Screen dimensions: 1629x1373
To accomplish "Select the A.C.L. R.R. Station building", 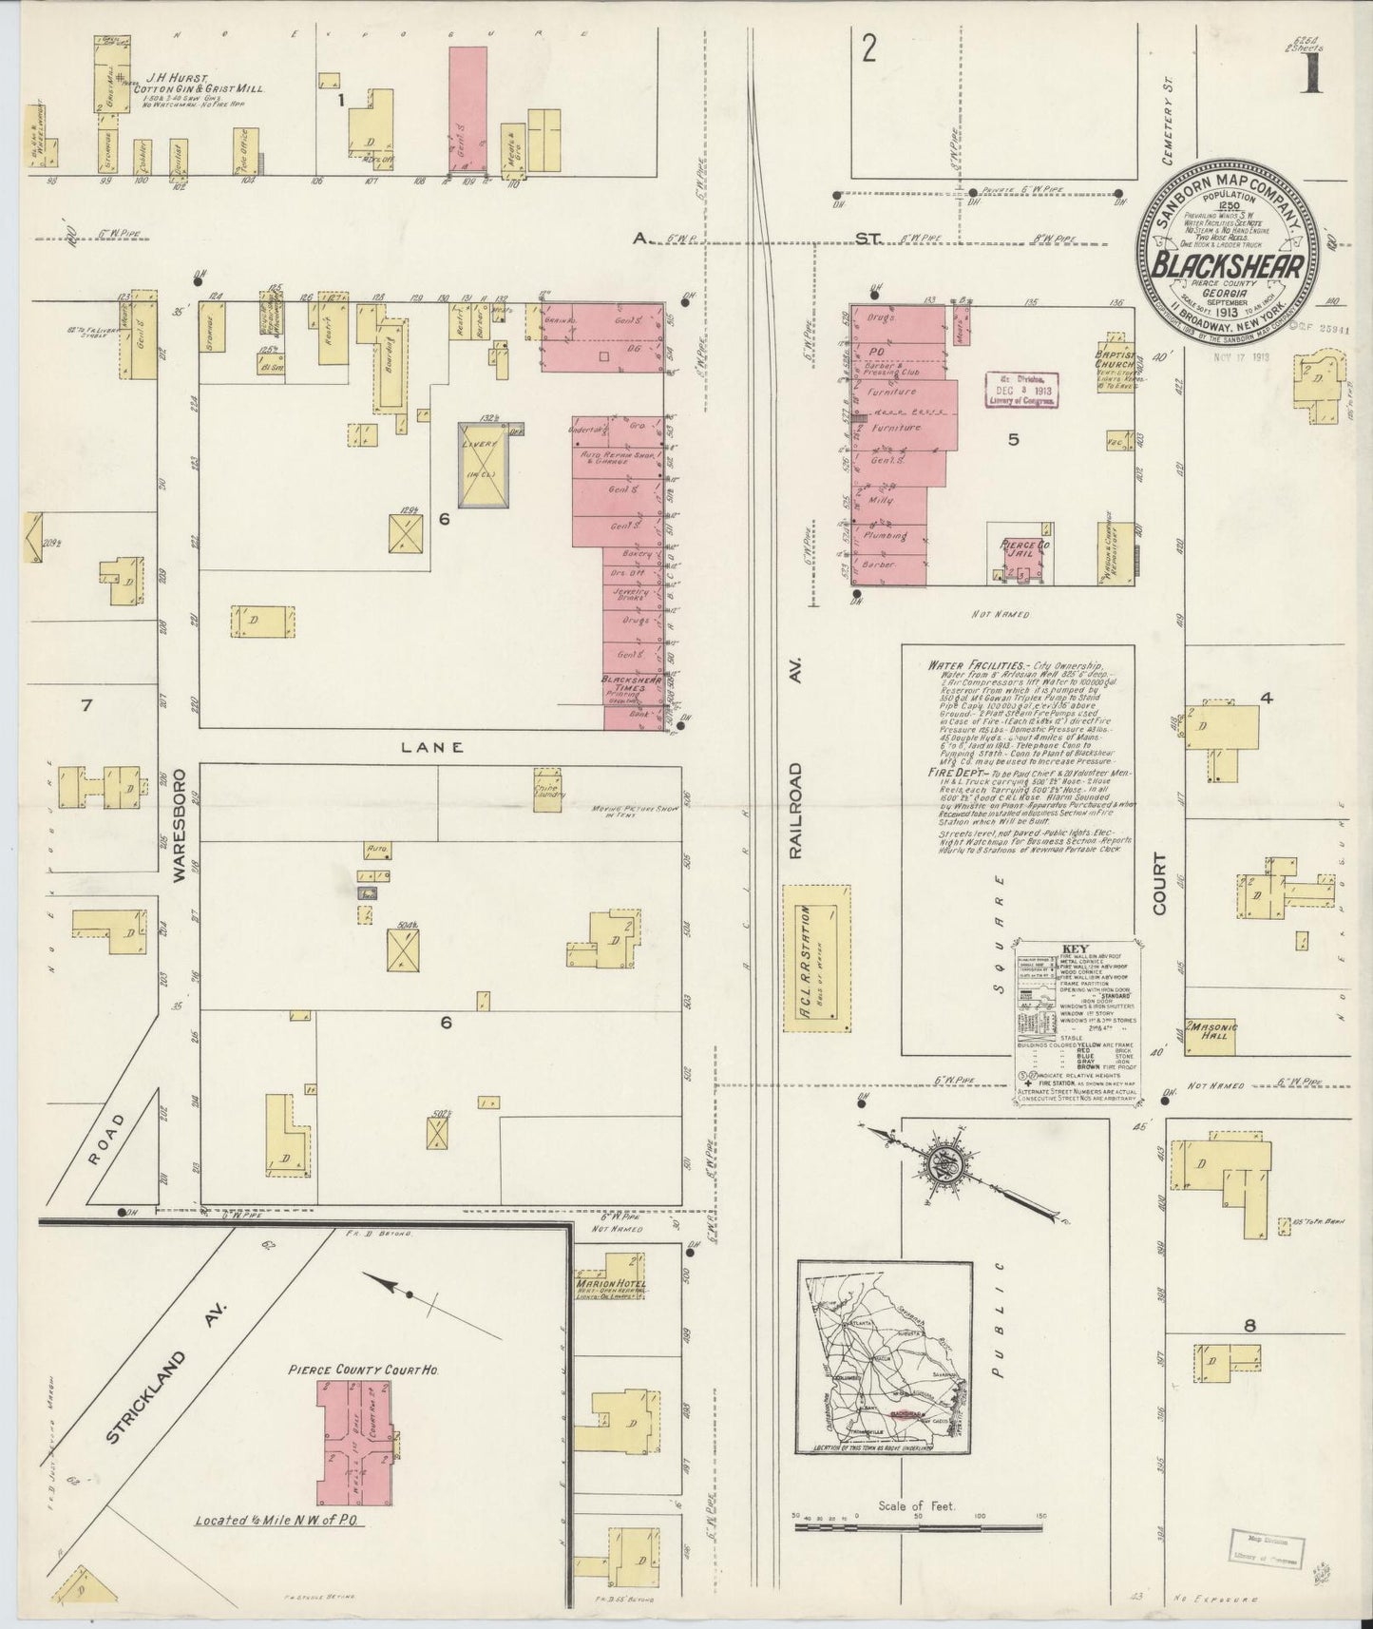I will click(x=816, y=957).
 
